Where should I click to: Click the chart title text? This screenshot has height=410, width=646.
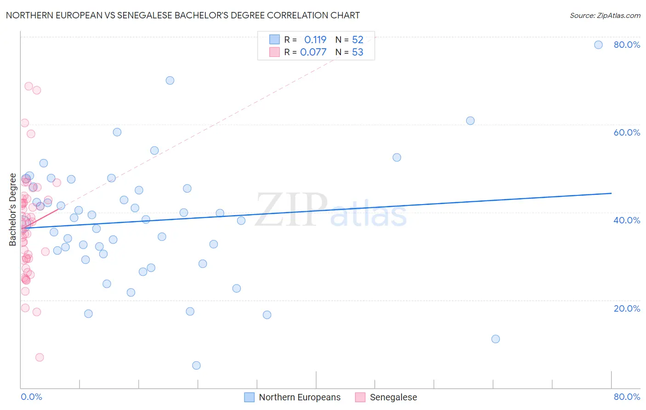183,15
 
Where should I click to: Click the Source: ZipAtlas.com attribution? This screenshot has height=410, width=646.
605,15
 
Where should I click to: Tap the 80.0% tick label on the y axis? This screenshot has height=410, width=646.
627,45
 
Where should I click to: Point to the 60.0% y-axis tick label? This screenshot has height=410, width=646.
627,132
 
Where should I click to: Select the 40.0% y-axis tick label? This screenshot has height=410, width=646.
627,220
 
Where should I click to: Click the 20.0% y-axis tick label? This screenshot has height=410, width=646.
627,308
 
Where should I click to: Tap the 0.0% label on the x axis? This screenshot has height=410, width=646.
31,397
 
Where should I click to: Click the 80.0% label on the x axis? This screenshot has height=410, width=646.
627,397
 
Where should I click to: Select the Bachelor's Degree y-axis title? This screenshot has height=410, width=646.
13,210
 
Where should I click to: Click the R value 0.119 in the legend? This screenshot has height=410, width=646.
315,40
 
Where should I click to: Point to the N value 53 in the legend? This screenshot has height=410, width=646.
357,52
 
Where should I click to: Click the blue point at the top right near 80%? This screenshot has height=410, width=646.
598,45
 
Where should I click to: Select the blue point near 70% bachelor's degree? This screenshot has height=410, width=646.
170,80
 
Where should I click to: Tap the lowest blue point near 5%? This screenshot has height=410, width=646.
196,365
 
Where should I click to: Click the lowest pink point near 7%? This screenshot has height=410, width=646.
40,357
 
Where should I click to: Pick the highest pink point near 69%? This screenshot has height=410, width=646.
28,86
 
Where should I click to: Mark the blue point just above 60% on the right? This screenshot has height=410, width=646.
470,121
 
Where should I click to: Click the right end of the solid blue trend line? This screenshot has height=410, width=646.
611,194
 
